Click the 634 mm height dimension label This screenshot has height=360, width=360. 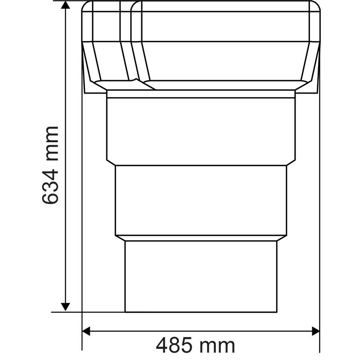[x=50, y=165]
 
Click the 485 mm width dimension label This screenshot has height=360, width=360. [x=195, y=346]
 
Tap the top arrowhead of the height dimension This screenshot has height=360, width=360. [x=66, y=5]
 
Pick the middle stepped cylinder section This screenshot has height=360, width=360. [x=201, y=200]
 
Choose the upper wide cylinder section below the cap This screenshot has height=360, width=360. [x=201, y=128]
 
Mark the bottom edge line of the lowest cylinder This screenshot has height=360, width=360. [x=201, y=311]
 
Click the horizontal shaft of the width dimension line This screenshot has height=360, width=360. [x=135, y=331]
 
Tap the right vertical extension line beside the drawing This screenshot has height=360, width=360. [x=319, y=225]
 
